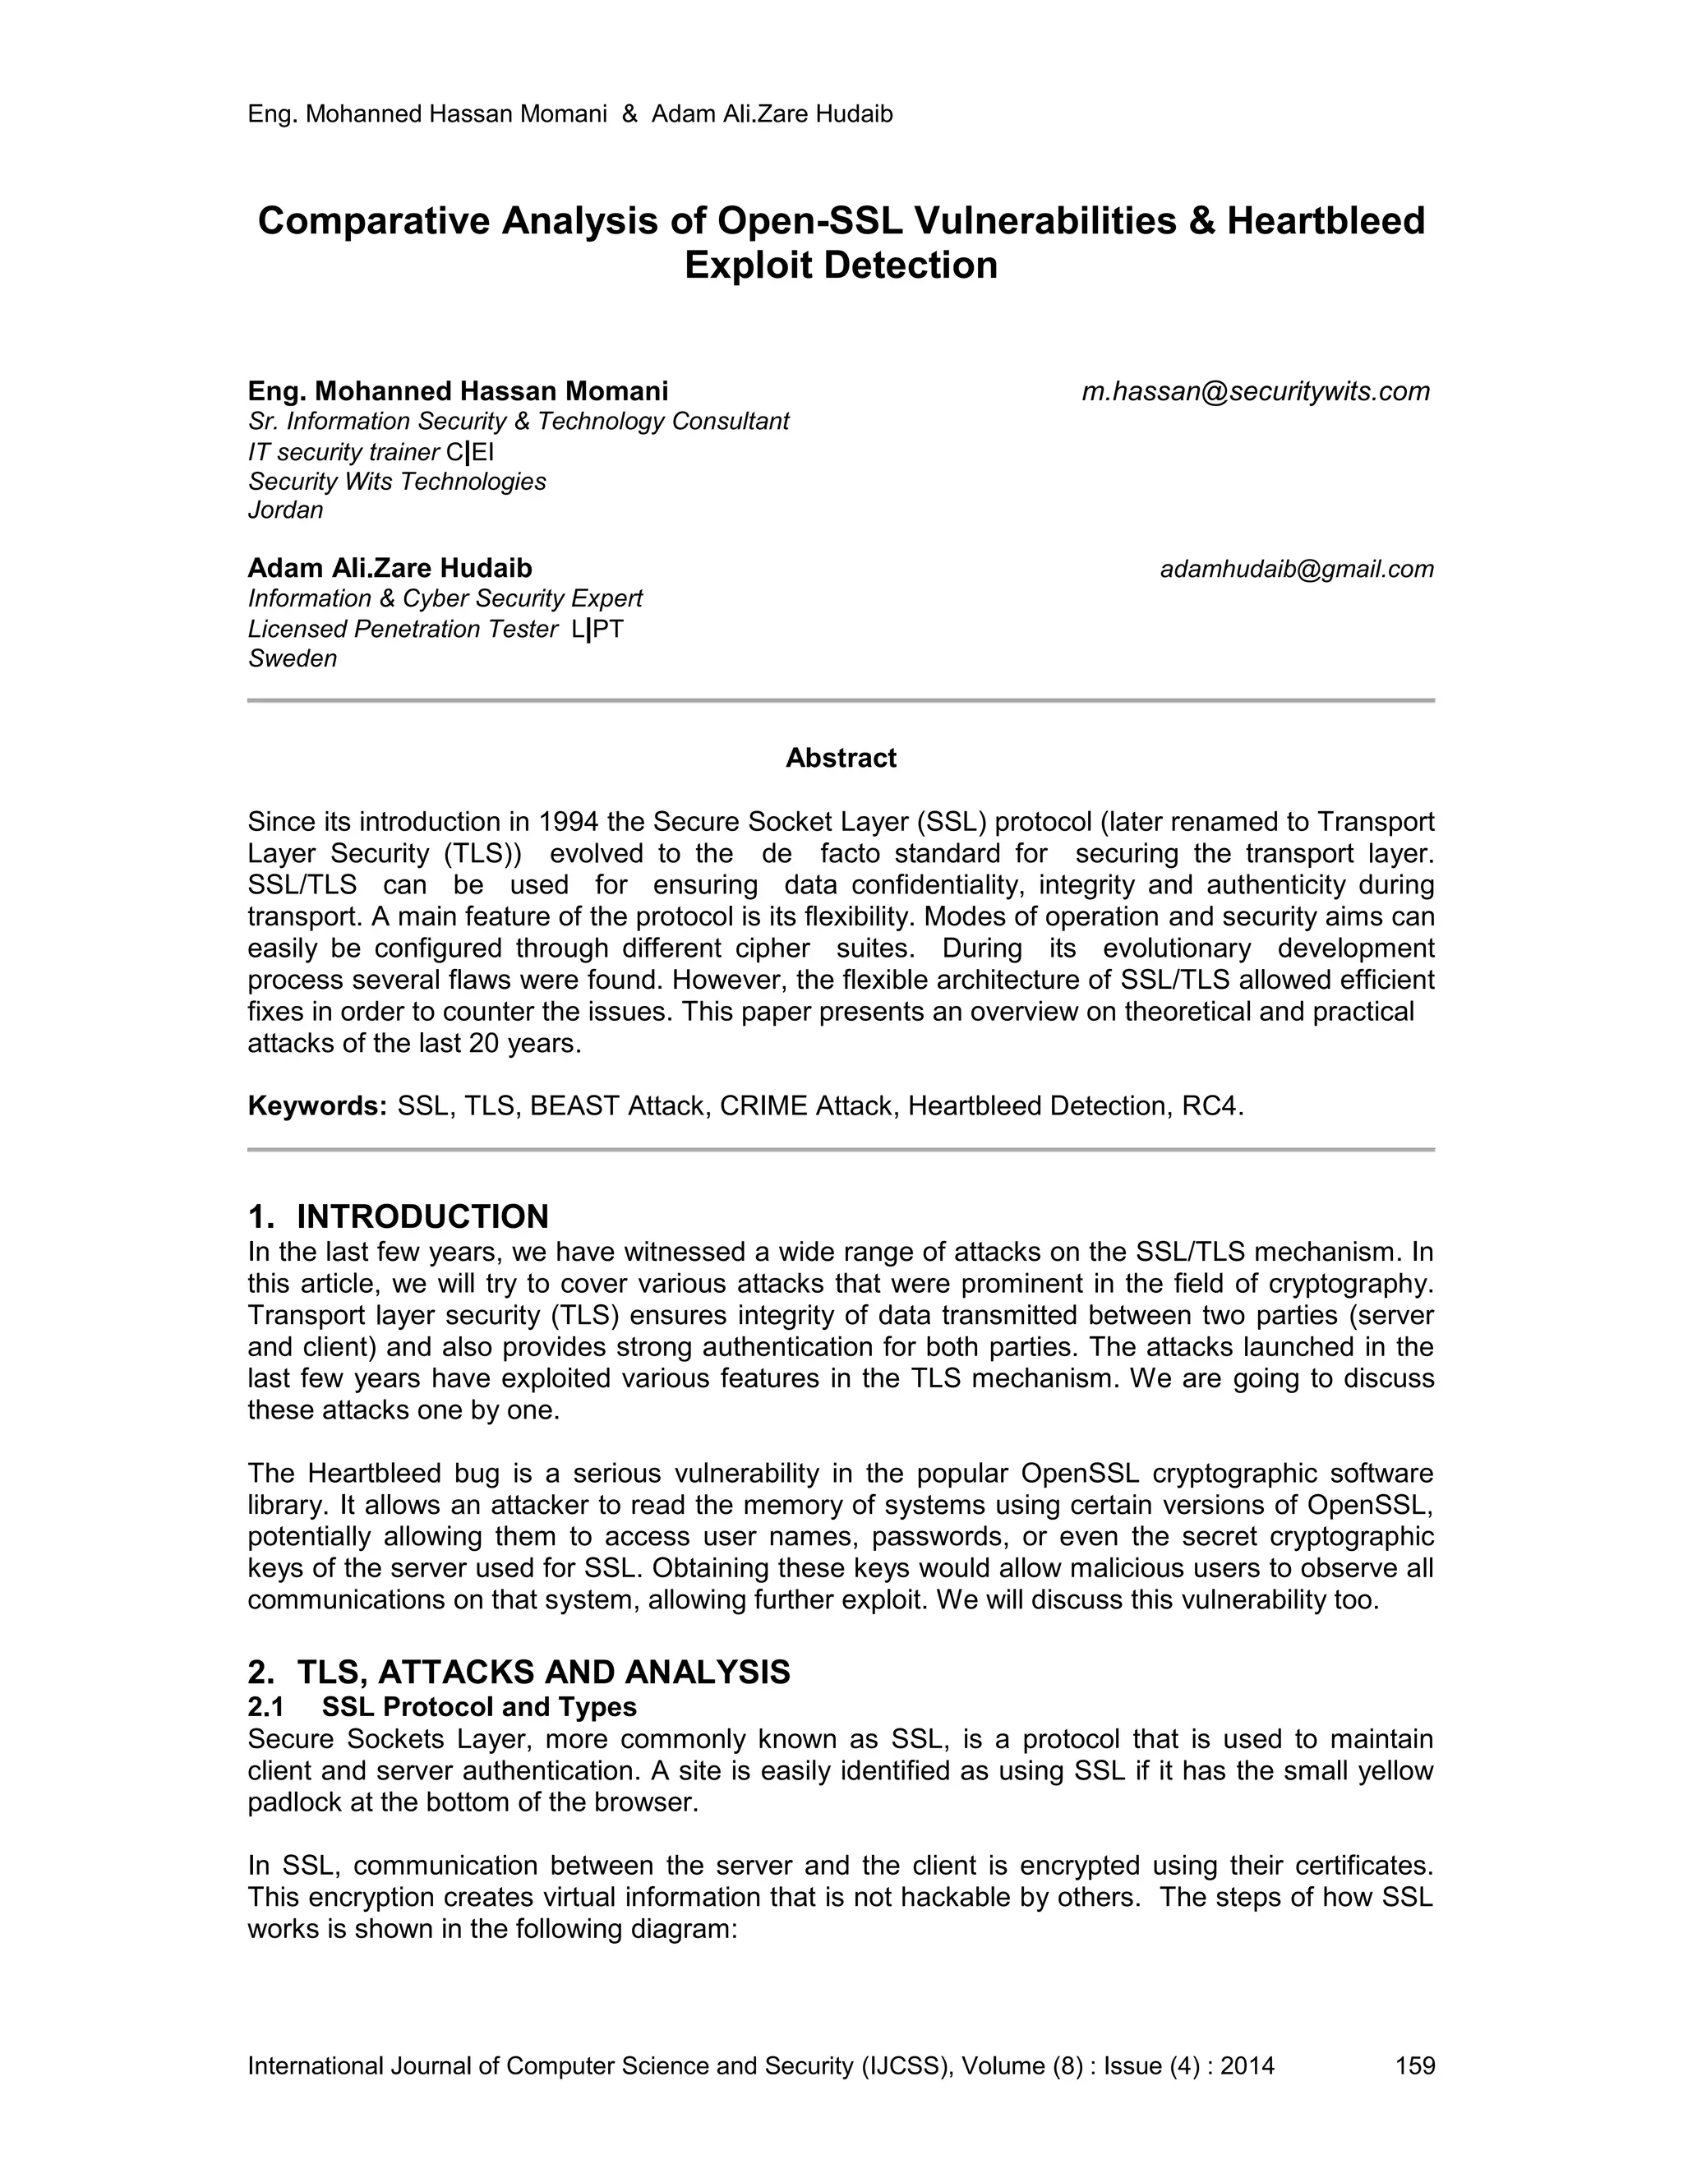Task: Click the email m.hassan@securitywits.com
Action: (1256, 392)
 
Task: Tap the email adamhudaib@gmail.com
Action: (1296, 570)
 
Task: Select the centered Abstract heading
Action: (841, 758)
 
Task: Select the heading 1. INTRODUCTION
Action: (398, 1216)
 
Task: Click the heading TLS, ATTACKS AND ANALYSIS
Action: (543, 1673)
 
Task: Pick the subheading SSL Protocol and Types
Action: (478, 1706)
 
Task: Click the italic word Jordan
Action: (286, 510)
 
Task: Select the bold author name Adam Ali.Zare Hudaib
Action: (390, 569)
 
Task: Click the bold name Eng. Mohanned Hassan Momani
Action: (458, 391)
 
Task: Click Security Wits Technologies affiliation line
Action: (397, 482)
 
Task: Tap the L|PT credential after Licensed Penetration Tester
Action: (597, 630)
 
